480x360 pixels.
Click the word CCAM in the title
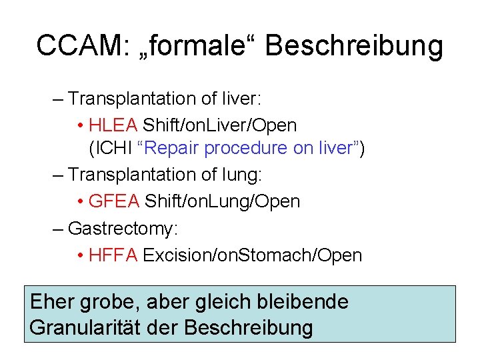click(75, 45)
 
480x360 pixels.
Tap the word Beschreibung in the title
click(354, 46)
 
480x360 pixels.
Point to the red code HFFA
click(113, 255)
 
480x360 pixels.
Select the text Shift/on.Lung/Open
click(222, 201)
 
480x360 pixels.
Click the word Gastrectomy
click(123, 229)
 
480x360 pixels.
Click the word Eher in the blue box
click(53, 302)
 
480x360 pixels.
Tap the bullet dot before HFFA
click(80, 255)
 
